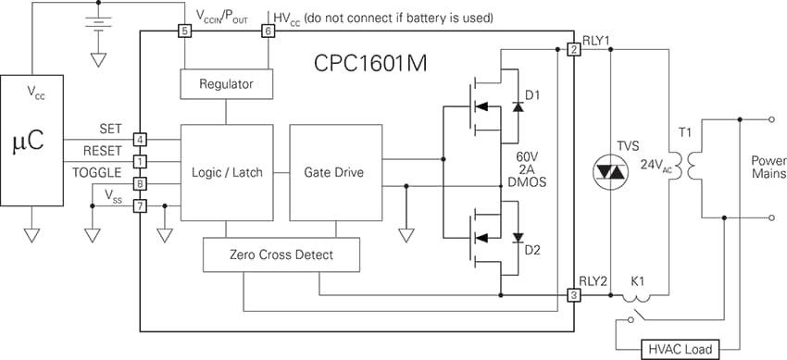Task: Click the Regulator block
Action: pyautogui.click(x=226, y=85)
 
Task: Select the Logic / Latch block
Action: pyautogui.click(x=226, y=172)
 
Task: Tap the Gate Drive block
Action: pyautogui.click(x=334, y=172)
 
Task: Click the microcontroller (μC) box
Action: pyautogui.click(x=31, y=143)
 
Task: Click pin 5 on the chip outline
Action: pyautogui.click(x=184, y=31)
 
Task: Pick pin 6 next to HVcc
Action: pyautogui.click(x=269, y=31)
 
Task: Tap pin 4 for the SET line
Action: pyautogui.click(x=140, y=140)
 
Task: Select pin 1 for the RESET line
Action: pyautogui.click(x=140, y=162)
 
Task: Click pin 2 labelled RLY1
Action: pyautogui.click(x=574, y=49)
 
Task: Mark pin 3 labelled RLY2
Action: pyautogui.click(x=574, y=295)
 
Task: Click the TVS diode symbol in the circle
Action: pyautogui.click(x=610, y=172)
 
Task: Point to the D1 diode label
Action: pyautogui.click(x=532, y=95)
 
